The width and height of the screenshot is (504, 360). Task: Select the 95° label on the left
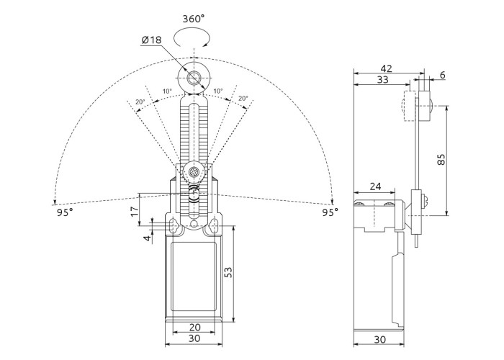[64, 213]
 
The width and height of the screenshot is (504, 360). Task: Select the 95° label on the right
[330, 213]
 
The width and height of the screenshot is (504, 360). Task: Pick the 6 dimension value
[441, 75]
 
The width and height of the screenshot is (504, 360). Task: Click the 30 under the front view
[194, 339]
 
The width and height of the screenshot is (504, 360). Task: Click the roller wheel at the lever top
[194, 78]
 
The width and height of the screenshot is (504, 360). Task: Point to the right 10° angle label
[217, 91]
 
